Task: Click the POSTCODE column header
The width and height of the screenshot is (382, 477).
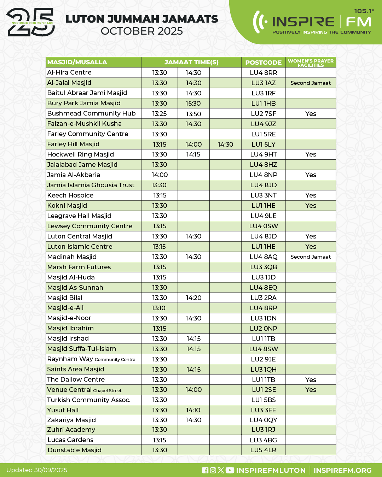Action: [263, 63]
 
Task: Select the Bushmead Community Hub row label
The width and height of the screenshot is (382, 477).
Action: [91, 113]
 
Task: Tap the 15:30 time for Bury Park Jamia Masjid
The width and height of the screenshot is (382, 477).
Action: [193, 104]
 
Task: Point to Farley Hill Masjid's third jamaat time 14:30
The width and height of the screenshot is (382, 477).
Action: [225, 145]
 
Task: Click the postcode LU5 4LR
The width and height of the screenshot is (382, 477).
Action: [263, 450]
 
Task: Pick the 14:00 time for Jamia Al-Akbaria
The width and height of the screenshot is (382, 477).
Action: [160, 175]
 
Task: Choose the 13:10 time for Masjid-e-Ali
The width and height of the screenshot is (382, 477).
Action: [158, 308]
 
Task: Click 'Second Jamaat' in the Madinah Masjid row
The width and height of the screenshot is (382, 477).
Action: [311, 257]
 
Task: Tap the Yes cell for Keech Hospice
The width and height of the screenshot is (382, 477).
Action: [311, 195]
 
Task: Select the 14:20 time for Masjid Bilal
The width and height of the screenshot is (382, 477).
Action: [193, 298]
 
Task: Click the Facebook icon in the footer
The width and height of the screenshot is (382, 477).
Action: [205, 470]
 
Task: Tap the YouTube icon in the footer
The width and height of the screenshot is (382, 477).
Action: [230, 470]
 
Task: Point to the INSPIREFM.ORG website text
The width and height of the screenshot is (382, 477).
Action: [342, 470]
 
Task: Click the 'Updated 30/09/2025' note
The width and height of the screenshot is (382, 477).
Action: [37, 470]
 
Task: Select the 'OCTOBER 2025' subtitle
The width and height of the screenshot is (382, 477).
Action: [142, 31]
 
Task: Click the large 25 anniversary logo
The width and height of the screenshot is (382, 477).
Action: [31, 23]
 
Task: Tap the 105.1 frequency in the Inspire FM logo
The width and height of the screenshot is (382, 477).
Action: [363, 11]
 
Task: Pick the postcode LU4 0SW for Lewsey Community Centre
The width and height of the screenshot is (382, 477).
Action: [263, 226]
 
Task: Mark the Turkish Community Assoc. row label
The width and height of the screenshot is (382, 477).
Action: [89, 400]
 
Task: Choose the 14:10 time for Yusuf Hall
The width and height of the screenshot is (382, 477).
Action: [193, 410]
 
